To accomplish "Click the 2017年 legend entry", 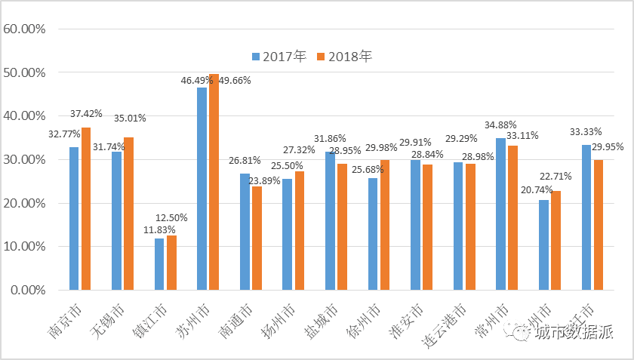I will tap(279, 57).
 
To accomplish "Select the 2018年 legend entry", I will tap(344, 57).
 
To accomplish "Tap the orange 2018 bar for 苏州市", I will tap(214, 182).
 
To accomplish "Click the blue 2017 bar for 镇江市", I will tap(159, 264).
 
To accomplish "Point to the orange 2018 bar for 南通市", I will tap(257, 238).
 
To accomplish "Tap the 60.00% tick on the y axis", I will tap(25, 29).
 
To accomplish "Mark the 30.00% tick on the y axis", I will tap(25, 160).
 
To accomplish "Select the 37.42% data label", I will tap(86, 113).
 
